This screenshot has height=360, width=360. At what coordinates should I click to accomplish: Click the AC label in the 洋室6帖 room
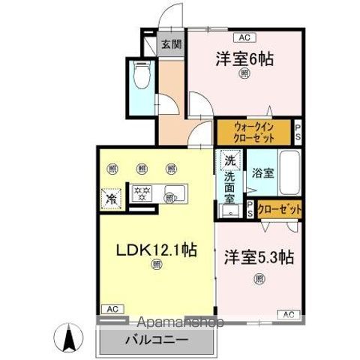pyautogui.click(x=244, y=37)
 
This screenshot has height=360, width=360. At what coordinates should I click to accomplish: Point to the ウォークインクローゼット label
pyautogui.click(x=253, y=133)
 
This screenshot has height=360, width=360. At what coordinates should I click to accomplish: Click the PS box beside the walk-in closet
pyautogui.click(x=298, y=133)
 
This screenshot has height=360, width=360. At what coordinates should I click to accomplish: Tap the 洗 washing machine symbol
pyautogui.click(x=230, y=160)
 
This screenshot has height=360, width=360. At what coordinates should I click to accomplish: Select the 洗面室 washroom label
pyautogui.click(x=230, y=190)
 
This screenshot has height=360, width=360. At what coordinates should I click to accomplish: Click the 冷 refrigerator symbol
pyautogui.click(x=112, y=199)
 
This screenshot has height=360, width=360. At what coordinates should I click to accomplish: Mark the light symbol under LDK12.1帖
pyautogui.click(x=156, y=265)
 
